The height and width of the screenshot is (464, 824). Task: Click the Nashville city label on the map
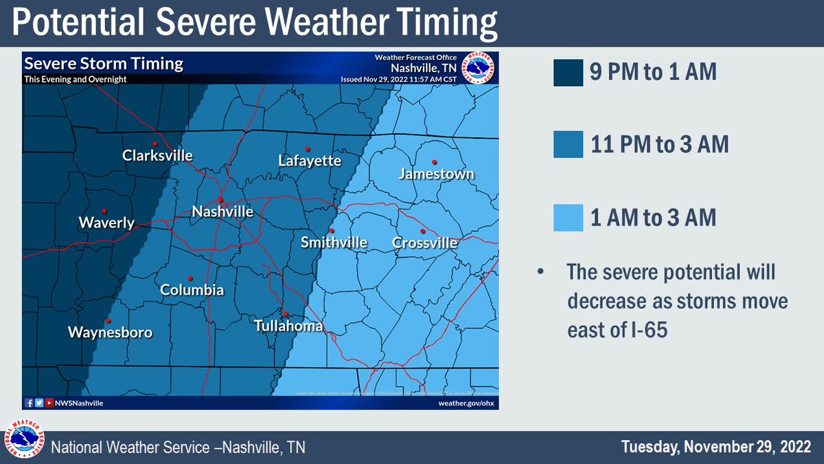[x=222, y=212]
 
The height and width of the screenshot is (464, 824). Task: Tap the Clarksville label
[x=157, y=156]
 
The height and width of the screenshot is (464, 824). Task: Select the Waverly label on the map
[x=106, y=223]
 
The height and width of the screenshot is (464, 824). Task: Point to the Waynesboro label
[x=110, y=333]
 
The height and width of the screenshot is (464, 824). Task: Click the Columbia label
[x=192, y=291]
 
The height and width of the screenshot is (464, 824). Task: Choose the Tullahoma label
[x=288, y=327]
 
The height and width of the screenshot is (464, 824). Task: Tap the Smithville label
[x=334, y=243]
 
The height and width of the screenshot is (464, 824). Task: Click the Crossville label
[x=424, y=243]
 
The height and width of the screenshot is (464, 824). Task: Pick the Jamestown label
[x=437, y=174]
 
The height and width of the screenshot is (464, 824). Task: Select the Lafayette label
[x=310, y=162]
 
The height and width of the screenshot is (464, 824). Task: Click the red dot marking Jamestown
[x=435, y=162]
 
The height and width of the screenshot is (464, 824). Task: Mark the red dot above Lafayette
[x=308, y=148]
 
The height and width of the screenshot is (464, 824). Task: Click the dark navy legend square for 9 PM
[x=568, y=72]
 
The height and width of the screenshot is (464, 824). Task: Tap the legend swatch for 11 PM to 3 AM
[x=568, y=145]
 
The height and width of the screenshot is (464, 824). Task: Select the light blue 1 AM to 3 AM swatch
[x=568, y=218]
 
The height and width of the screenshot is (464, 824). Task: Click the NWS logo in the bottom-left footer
[x=25, y=439]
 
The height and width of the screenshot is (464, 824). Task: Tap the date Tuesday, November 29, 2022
[x=716, y=447]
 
